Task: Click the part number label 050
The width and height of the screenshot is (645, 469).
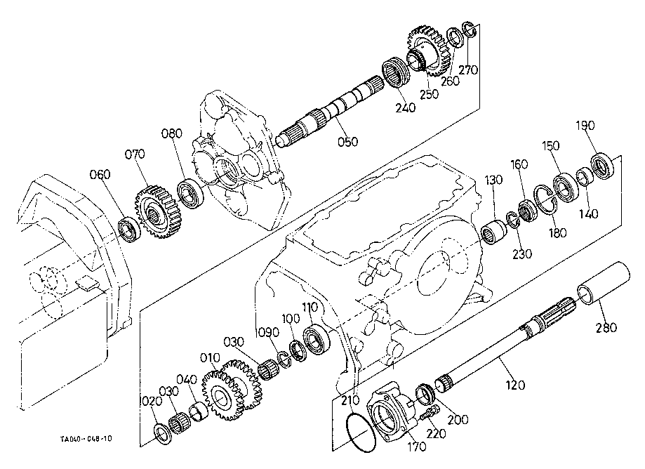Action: pyautogui.click(x=347, y=141)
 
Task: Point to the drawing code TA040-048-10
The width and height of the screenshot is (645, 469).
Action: pyautogui.click(x=86, y=440)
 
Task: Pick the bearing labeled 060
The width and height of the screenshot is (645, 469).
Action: pyautogui.click(x=129, y=228)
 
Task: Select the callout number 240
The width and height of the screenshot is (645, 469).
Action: pyautogui.click(x=406, y=109)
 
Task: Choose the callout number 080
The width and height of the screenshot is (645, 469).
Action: pyautogui.click(x=171, y=134)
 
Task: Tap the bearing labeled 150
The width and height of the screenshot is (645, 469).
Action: pyautogui.click(x=565, y=185)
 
